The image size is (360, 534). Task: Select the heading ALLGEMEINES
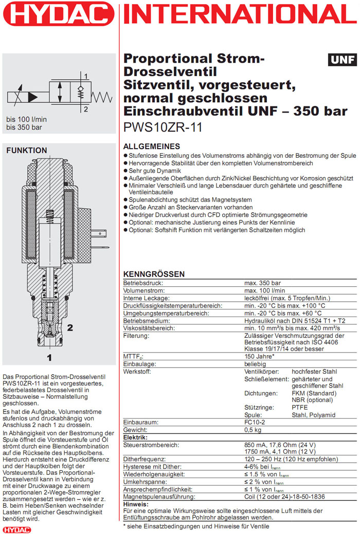(x=152, y=146)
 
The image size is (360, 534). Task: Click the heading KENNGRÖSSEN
(x=154, y=274)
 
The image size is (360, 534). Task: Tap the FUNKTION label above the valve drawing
(x=26, y=151)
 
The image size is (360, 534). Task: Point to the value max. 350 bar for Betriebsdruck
(x=262, y=283)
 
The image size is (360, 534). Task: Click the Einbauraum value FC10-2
(x=255, y=421)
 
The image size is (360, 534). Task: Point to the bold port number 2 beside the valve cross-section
(x=70, y=327)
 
